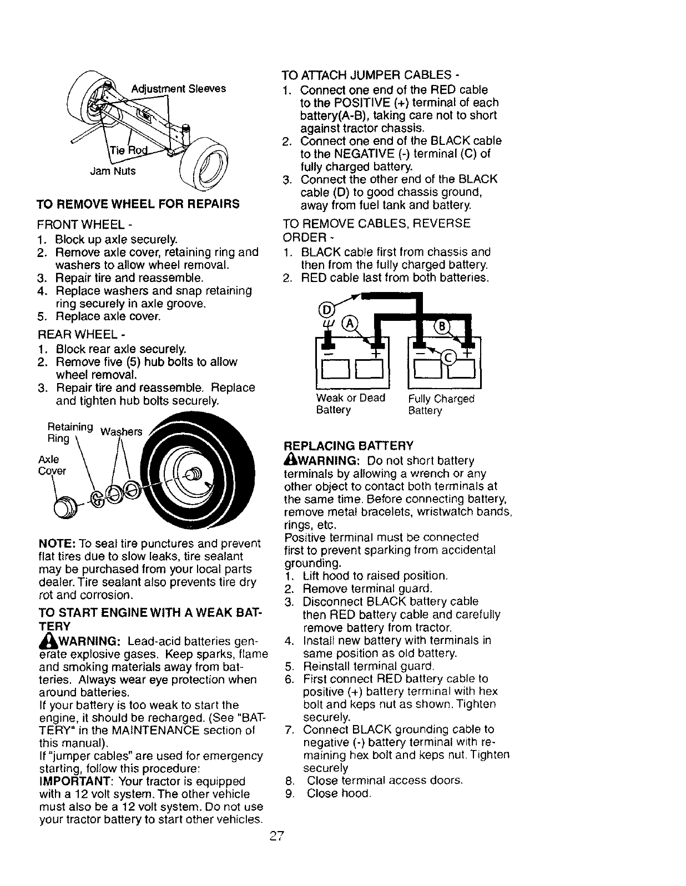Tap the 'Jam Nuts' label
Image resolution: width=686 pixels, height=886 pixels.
[113, 171]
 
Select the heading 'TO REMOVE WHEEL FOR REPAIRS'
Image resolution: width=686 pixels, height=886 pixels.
[138, 204]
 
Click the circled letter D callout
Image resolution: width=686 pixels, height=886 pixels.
[326, 309]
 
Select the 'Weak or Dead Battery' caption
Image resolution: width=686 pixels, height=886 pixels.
[350, 404]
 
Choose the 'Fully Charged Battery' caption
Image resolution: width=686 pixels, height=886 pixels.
[441, 405]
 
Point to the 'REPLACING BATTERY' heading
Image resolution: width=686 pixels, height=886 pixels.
[349, 446]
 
